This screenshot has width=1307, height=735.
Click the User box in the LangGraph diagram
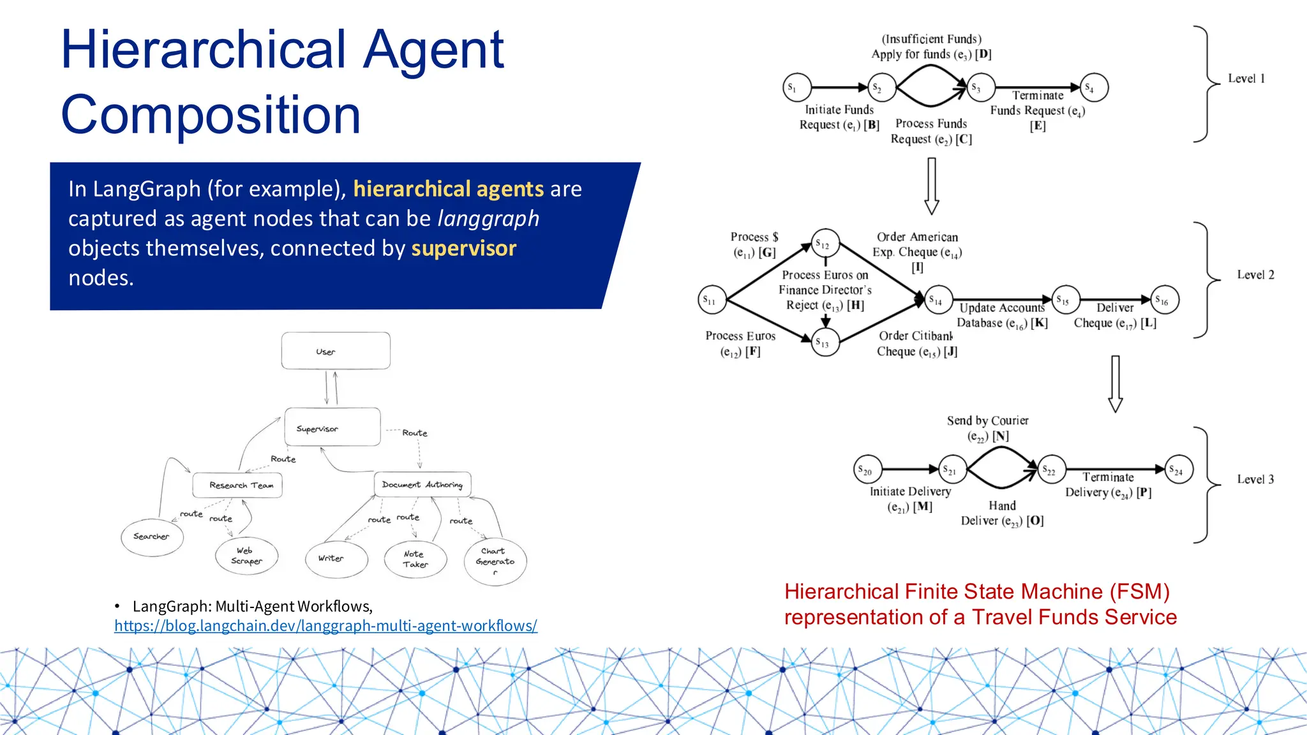(x=336, y=351)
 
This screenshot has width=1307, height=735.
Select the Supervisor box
(x=332, y=427)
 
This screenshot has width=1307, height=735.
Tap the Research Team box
(x=237, y=486)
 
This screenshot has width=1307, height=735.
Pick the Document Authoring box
(x=422, y=485)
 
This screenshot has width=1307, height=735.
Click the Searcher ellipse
(x=152, y=537)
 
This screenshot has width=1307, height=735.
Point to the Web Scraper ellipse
(x=247, y=556)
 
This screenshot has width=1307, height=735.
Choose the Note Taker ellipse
(x=415, y=560)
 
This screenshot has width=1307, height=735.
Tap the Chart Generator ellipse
(x=495, y=561)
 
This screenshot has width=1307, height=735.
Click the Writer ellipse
(x=336, y=559)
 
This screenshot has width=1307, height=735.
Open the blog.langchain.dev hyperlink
(x=325, y=626)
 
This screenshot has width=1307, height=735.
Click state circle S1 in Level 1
(x=796, y=87)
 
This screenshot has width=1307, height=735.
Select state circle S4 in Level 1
(x=1094, y=87)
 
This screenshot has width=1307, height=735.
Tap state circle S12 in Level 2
(x=825, y=244)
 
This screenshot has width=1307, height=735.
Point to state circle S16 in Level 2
(x=1165, y=300)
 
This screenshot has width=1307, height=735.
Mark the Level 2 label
(x=1255, y=275)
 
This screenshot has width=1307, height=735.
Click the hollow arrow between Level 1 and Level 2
(x=932, y=186)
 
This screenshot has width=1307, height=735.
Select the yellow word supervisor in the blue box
(x=464, y=248)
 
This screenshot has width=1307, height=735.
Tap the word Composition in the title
(x=211, y=115)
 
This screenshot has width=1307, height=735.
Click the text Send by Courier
(x=987, y=420)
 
